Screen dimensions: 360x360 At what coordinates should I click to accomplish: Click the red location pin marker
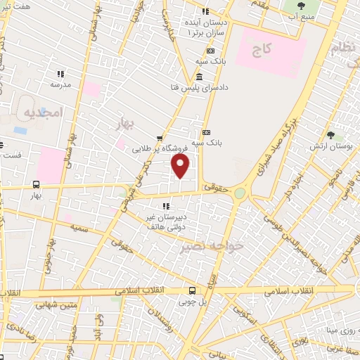tap(181, 166)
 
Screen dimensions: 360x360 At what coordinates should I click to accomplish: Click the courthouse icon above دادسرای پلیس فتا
tap(200, 75)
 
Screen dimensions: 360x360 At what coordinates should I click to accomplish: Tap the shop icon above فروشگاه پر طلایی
tap(161, 138)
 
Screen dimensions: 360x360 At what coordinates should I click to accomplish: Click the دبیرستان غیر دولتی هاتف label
tap(167, 223)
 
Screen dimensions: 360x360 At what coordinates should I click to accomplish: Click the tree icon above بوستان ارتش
tap(330, 136)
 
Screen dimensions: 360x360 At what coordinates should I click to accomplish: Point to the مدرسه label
tap(60, 84)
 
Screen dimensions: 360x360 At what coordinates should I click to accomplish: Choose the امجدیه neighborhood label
tap(42, 112)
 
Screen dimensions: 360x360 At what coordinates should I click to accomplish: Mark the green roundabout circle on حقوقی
tap(240, 193)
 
